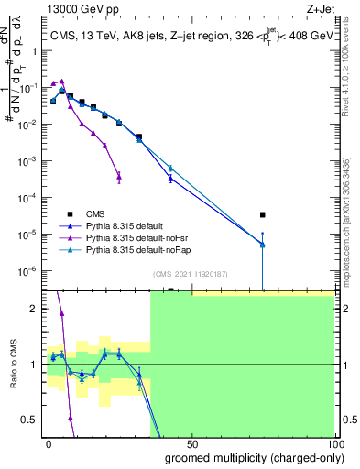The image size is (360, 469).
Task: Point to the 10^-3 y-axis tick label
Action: click(27, 160)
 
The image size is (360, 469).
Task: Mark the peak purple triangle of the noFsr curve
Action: click(61, 81)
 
